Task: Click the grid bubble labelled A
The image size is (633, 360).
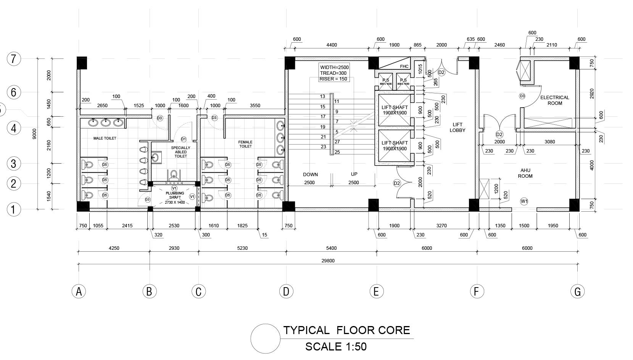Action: tap(79, 291)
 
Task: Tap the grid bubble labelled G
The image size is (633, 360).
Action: tap(577, 291)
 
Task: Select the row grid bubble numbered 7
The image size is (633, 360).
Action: tap(14, 59)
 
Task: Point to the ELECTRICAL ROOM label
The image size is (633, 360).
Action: tap(554, 100)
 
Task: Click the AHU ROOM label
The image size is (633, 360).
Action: tap(525, 173)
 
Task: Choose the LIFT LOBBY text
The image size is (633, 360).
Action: tap(457, 127)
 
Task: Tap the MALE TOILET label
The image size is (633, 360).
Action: tap(105, 138)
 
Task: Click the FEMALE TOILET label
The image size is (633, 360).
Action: tap(245, 144)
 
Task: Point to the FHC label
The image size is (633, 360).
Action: tap(404, 66)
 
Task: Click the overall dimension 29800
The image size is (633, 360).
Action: tap(328, 261)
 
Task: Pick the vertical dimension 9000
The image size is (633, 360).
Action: tap(34, 133)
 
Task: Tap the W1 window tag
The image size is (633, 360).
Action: tap(524, 201)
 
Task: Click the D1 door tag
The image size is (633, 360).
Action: tap(184, 139)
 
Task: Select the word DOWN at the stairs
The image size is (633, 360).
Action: tap(310, 174)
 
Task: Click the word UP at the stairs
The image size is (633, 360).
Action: tap(354, 174)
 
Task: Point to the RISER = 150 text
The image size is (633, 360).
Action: tap(334, 79)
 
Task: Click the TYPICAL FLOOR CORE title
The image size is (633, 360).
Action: tap(346, 330)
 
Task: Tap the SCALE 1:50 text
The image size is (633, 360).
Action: tap(336, 347)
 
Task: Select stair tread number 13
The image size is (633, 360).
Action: tap(323, 96)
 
